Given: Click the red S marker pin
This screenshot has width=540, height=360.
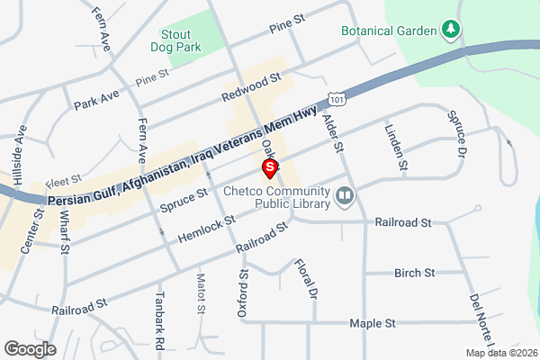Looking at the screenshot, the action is pyautogui.click(x=268, y=167).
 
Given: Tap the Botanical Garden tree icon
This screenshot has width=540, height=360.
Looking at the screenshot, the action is pyautogui.click(x=452, y=31).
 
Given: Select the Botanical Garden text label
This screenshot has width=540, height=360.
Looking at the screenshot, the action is pyautogui.click(x=389, y=31).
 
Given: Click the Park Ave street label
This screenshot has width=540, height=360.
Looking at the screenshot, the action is pyautogui.click(x=97, y=99).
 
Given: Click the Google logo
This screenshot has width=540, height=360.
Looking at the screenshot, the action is pyautogui.click(x=30, y=348).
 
